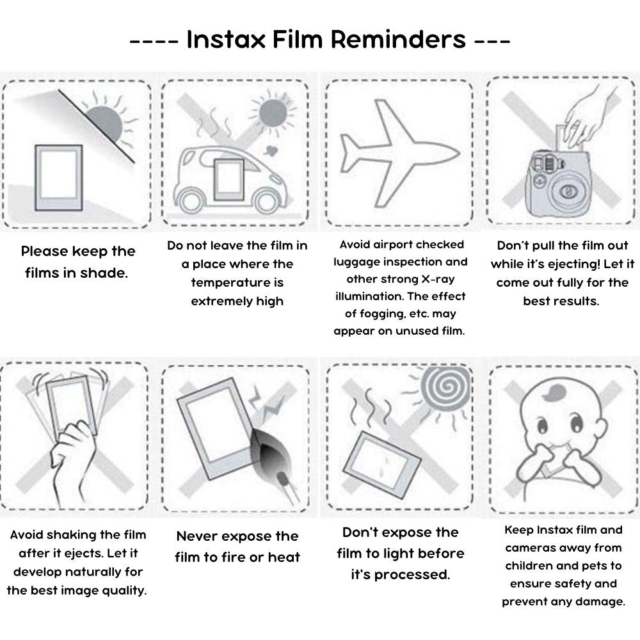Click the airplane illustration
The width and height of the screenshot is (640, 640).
pyautogui.click(x=397, y=151)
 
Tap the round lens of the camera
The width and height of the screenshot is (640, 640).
pyautogui.click(x=567, y=190)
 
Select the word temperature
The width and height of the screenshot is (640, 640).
pyautogui.click(x=237, y=282)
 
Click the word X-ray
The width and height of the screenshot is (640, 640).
pyautogui.click(x=444, y=279)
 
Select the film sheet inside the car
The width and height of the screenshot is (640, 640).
pyautogui.click(x=228, y=179)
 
